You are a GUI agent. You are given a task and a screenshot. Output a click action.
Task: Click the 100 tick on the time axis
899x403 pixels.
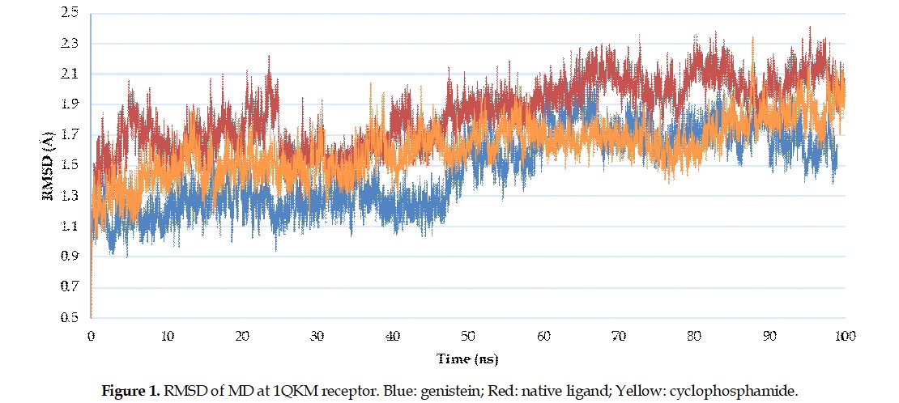point(845,335)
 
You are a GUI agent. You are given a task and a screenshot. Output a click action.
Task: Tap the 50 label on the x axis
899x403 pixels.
point(468,335)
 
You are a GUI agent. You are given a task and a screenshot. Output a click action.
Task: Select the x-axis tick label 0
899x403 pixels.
point(91,335)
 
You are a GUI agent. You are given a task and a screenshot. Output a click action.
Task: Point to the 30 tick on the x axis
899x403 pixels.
point(317,335)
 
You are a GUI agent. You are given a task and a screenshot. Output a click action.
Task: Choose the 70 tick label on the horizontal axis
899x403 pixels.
point(619,335)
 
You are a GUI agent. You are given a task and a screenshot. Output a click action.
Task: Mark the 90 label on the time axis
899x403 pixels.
point(769,335)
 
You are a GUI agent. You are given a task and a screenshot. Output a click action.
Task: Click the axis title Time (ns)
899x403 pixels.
point(468,358)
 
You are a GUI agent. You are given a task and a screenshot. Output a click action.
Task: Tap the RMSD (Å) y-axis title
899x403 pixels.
point(48,165)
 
